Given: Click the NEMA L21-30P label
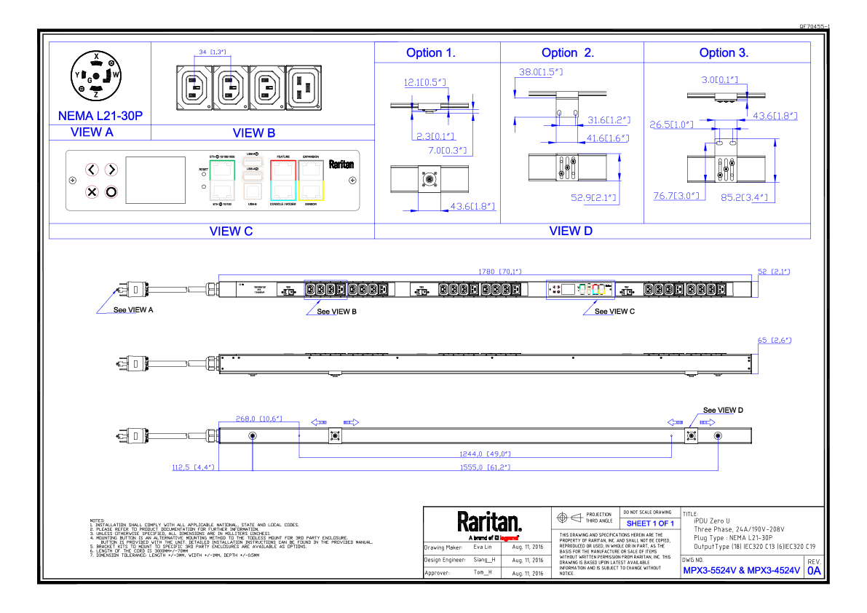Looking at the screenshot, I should tap(100, 116).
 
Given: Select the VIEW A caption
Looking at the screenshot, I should tap(92, 133).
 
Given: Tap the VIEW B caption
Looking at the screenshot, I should tap(253, 133).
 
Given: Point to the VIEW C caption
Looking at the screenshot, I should tap(231, 232).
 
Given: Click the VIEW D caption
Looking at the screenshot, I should tap(571, 232).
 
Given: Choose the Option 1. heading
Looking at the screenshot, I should tap(430, 53).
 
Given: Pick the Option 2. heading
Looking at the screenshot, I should tap(568, 53).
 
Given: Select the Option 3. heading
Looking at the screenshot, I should tap(724, 53).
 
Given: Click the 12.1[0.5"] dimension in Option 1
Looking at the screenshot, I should tap(424, 82).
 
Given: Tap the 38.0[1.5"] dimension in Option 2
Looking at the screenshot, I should tap(541, 73).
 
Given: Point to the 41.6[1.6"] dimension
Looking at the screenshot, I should tap(607, 138).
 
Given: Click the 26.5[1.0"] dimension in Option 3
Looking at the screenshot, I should tap(671, 124).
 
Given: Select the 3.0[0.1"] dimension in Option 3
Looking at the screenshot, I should tap(719, 80).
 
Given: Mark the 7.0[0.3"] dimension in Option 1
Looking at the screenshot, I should tap(447, 151).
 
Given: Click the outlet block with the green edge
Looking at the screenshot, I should tap(222, 181).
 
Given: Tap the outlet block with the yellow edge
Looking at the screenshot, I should tap(311, 181).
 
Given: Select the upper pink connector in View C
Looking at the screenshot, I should tap(105, 171).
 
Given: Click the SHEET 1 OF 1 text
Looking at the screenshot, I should tap(650, 524).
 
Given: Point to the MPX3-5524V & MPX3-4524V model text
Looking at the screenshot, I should tap(741, 571).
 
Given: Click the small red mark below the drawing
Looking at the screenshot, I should tap(509, 538).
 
